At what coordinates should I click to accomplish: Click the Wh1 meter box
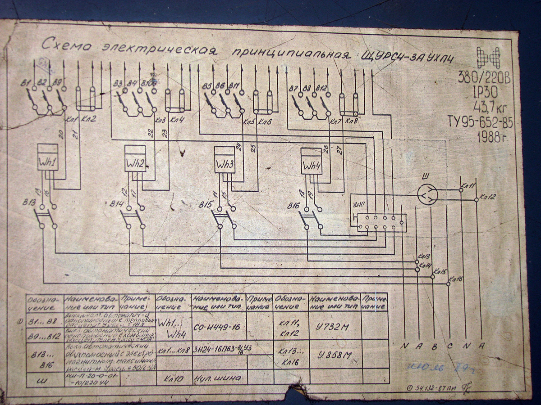48,158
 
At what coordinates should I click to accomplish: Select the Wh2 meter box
135,159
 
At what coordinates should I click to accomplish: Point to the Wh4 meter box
312,161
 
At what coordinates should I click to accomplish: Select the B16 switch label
295,206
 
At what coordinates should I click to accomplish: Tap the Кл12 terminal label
488,196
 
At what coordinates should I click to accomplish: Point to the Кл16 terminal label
456,279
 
